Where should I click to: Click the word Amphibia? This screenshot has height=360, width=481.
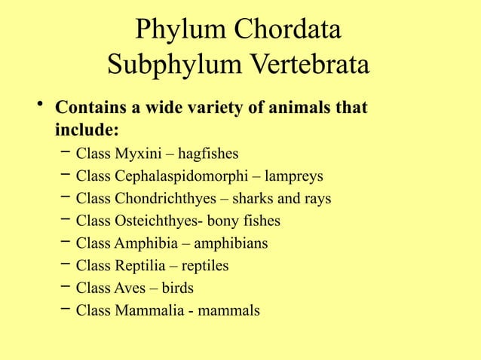point(143,243)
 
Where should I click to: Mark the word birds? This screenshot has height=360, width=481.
point(175,288)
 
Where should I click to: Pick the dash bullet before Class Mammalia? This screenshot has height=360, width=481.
point(66,309)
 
